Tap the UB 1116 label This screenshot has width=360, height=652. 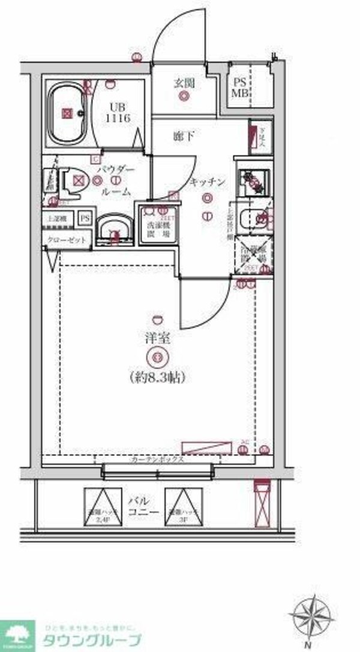pyautogui.click(x=118, y=113)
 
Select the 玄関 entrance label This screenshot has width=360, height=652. pyautogui.click(x=184, y=83)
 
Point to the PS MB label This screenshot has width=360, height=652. pyautogui.click(x=241, y=88)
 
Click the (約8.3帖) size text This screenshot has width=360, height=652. pyautogui.click(x=157, y=377)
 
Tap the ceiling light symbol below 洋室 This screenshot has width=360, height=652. pyautogui.click(x=158, y=357)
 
